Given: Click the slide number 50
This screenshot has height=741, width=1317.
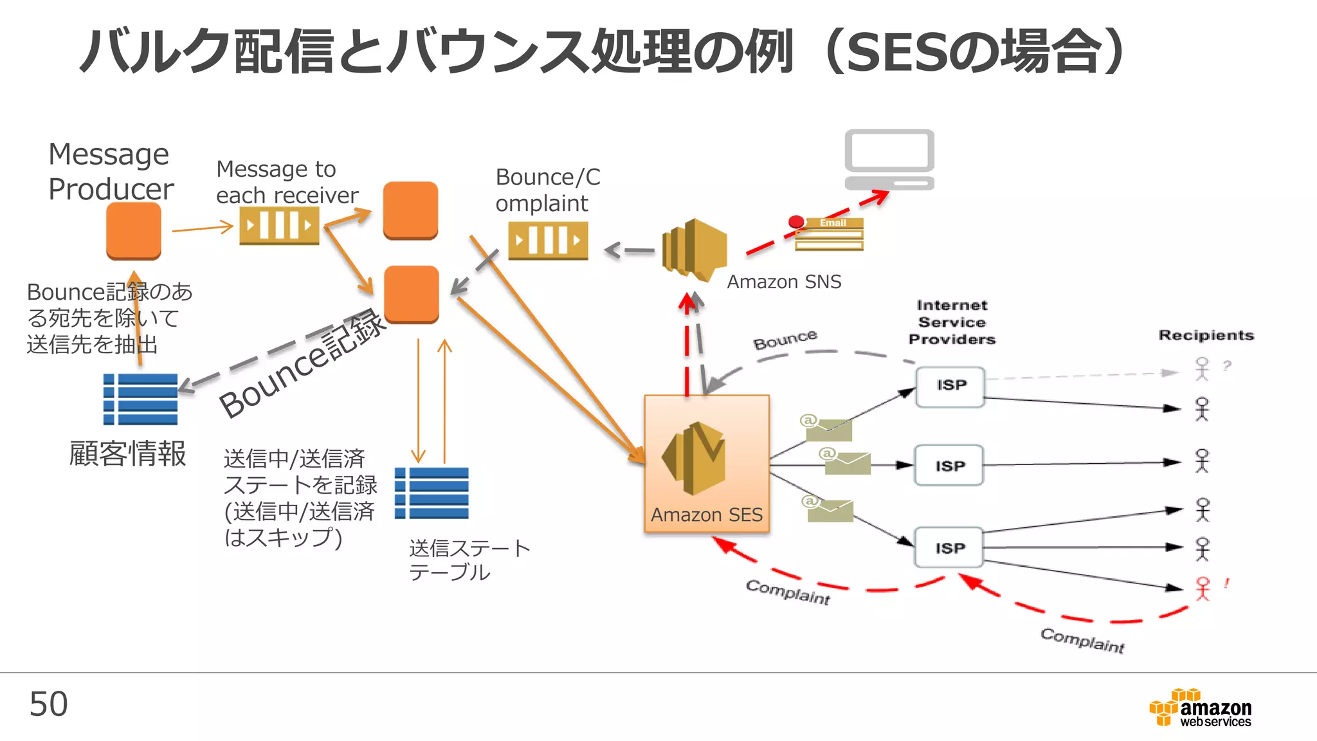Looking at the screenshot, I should click(48, 704).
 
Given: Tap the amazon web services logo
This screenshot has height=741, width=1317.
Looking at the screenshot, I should click(1201, 708).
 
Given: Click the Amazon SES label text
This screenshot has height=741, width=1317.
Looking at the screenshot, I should click(706, 515).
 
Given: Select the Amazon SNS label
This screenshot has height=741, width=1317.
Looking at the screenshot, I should click(783, 282).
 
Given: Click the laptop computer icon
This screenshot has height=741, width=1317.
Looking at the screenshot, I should click(889, 159).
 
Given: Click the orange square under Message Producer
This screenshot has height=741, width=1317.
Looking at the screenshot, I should click(134, 231).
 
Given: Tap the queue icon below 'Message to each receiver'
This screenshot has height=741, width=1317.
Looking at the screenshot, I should click(279, 226).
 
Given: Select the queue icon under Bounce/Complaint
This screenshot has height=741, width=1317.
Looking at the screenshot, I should click(548, 241).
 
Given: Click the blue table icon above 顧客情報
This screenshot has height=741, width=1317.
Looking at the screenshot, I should click(140, 399).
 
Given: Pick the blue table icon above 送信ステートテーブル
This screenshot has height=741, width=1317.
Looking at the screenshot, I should click(431, 493).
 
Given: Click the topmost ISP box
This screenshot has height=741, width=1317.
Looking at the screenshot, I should click(950, 386).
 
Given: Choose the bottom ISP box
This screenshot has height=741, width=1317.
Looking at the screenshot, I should click(949, 547).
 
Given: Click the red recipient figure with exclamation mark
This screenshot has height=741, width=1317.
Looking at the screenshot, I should click(1202, 588).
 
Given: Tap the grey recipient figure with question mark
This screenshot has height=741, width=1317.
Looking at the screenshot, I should click(1202, 369).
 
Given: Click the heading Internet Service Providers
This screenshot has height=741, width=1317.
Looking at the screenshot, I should click(952, 322).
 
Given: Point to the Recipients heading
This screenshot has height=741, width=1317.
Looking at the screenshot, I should click(1206, 335).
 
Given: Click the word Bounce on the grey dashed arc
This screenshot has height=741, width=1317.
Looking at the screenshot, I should click(785, 340).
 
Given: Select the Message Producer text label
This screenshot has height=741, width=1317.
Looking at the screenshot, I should click(111, 172).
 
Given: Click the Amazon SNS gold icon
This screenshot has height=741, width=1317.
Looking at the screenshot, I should click(695, 250).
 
